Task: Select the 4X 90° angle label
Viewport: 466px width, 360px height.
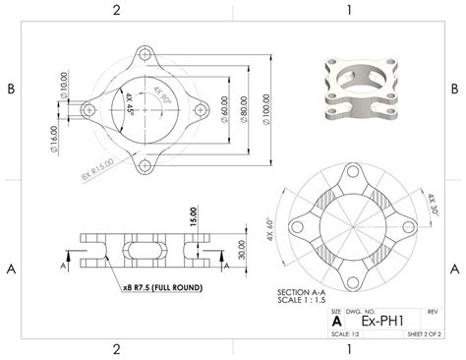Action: (160, 95)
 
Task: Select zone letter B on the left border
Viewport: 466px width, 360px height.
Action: (11, 89)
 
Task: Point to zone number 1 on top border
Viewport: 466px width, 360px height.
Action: (349, 10)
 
